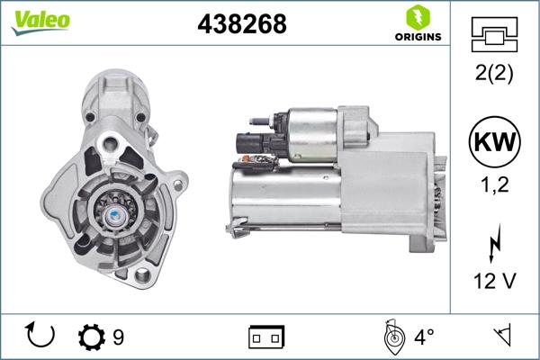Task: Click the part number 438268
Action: (x=241, y=24)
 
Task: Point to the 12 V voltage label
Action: (x=494, y=282)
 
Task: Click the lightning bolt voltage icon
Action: (x=494, y=246)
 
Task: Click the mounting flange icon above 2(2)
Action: (x=494, y=37)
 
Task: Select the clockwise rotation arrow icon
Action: (x=41, y=336)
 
